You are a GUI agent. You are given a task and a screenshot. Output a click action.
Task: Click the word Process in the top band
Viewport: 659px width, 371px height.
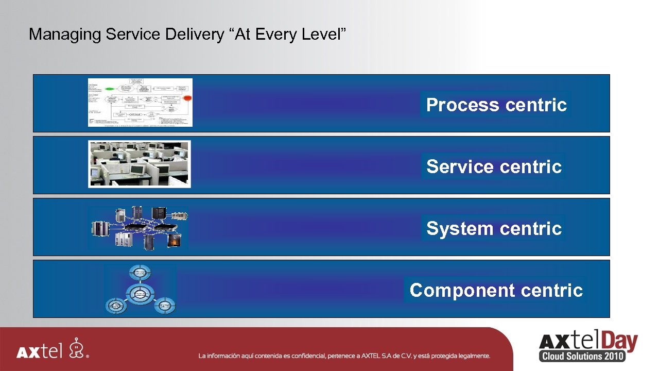coord(463,105)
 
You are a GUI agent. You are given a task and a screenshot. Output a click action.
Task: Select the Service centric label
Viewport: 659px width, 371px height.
coord(494,167)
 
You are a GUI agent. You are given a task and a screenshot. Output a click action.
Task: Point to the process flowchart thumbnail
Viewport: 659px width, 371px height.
coord(140,103)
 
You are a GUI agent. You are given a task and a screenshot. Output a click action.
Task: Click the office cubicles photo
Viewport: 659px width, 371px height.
coord(140,164)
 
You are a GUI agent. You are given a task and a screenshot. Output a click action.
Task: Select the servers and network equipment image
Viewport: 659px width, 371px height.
coord(140,227)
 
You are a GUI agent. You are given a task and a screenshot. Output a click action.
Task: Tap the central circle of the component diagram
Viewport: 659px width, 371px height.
coord(140,294)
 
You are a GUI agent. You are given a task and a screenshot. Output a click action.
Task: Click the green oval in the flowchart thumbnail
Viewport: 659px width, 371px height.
coord(110,89)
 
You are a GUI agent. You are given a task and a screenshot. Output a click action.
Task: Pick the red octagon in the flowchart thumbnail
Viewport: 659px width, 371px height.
coord(187,98)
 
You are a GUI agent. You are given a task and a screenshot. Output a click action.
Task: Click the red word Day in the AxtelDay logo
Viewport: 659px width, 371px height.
coord(618,342)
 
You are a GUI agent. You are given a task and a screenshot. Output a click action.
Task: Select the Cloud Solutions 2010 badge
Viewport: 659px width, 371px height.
coord(582,356)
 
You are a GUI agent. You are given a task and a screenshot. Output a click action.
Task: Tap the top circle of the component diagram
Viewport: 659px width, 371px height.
coord(140,272)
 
